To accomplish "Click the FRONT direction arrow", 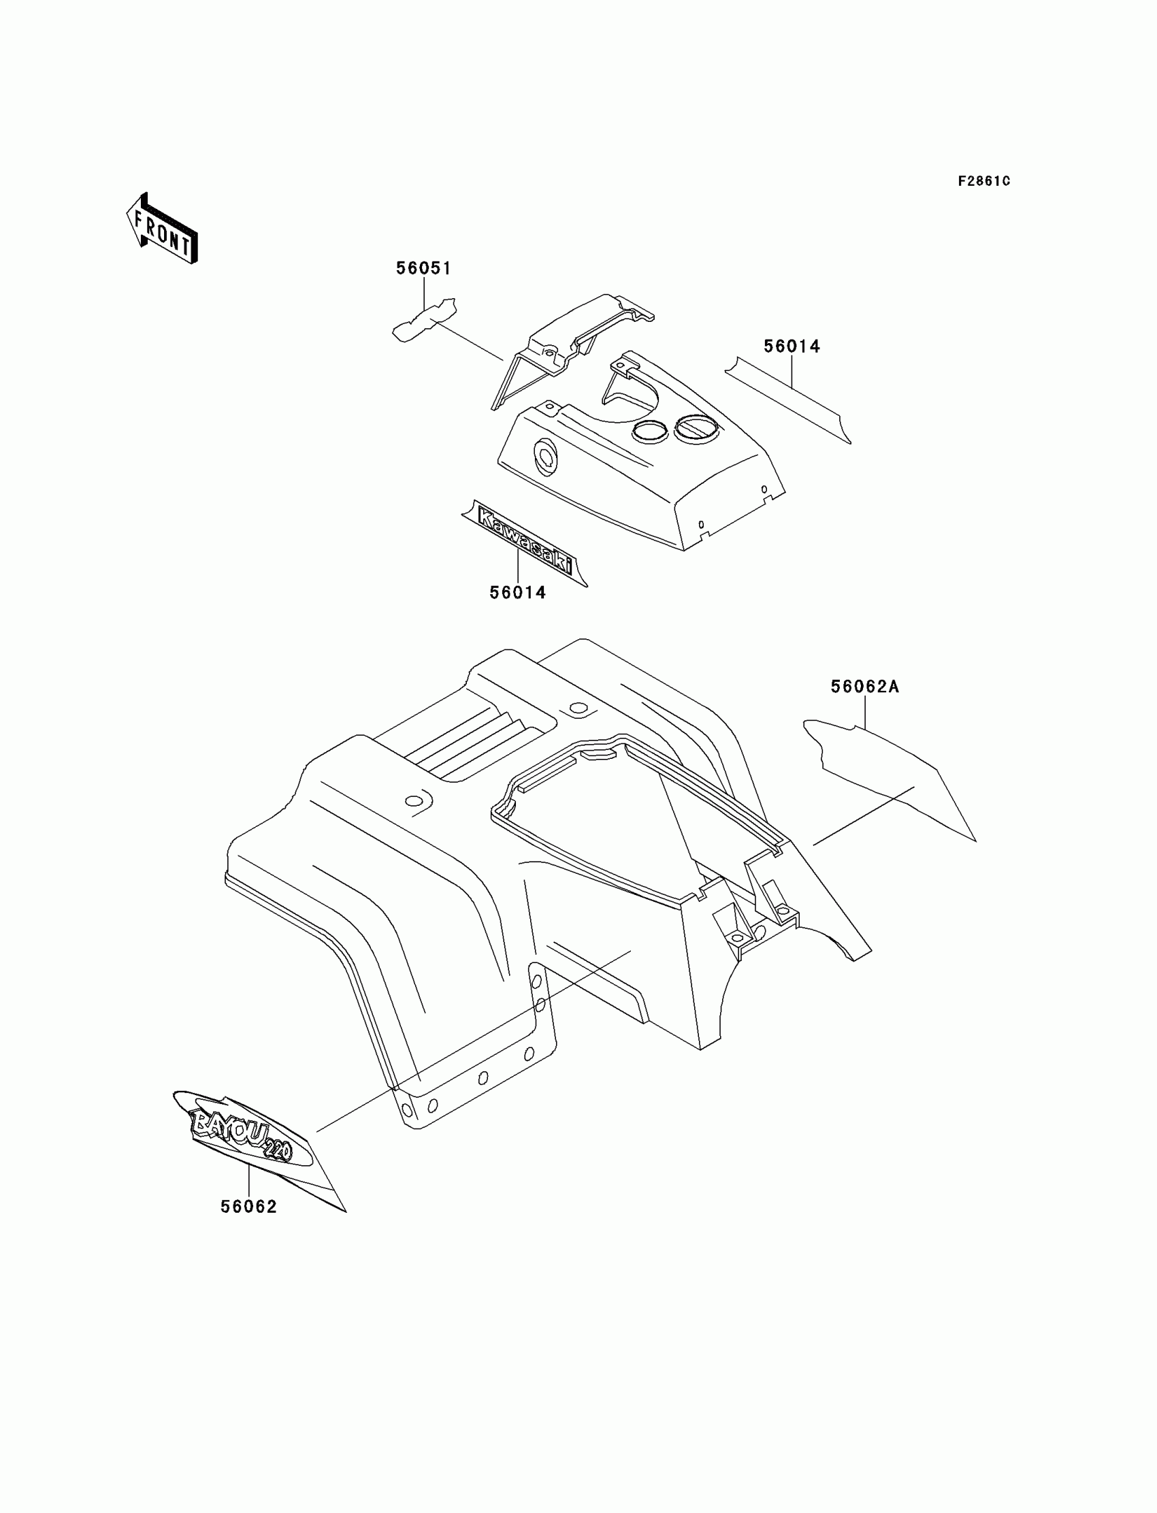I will click(x=163, y=229).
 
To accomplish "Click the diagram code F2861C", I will click(x=983, y=181).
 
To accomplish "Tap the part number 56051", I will click(x=423, y=269).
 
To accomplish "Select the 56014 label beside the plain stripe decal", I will click(x=792, y=346).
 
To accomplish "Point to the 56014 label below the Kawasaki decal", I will click(x=518, y=592).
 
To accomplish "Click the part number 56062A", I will click(x=865, y=687).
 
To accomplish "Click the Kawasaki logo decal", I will click(x=525, y=540).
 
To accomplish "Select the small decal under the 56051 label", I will click(x=424, y=319).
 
